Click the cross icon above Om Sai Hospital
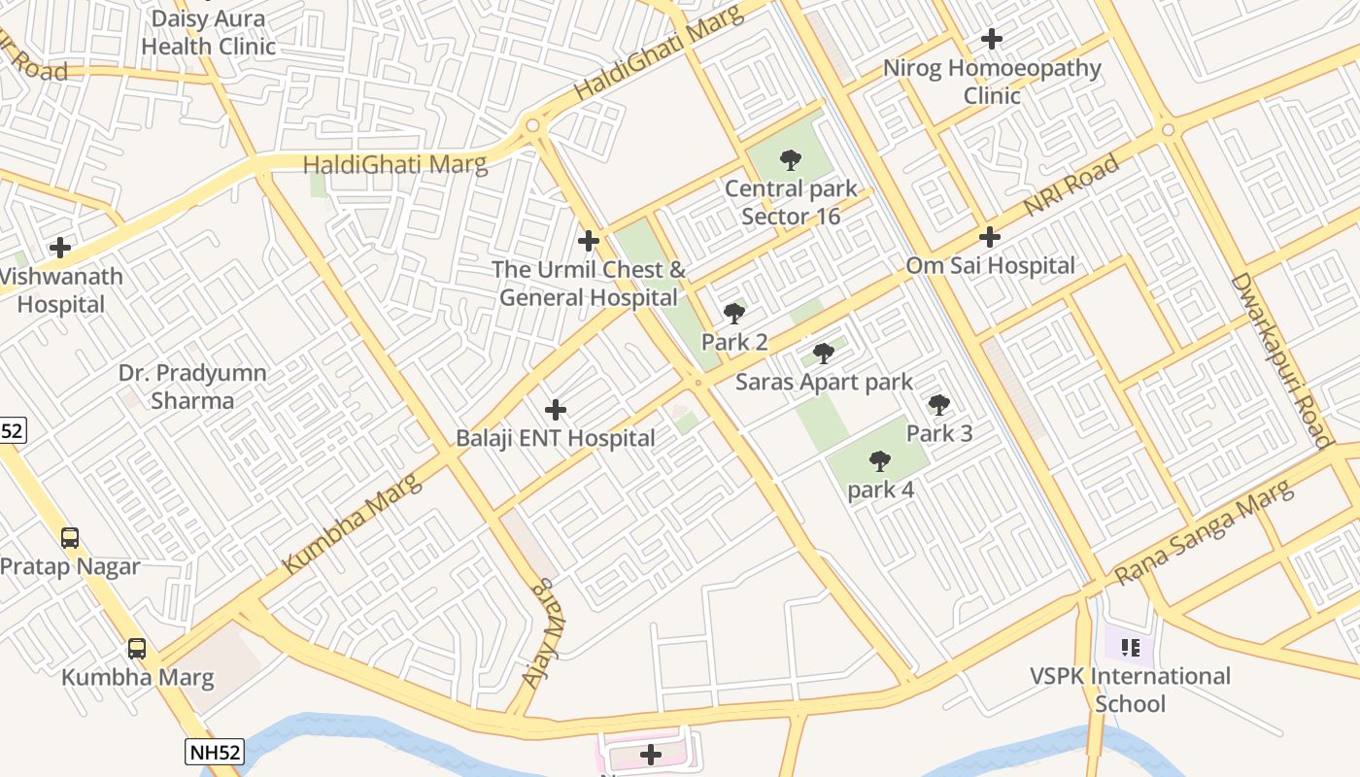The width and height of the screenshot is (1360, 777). [x=990, y=236]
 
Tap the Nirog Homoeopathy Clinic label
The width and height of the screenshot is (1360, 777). [x=992, y=82]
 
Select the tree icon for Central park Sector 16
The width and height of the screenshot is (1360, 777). [x=791, y=160]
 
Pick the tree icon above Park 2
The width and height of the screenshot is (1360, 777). [x=734, y=314]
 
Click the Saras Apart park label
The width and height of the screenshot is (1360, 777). [x=824, y=382]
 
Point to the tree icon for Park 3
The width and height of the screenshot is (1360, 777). [x=938, y=405]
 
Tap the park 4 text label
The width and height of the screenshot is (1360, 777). [x=880, y=490]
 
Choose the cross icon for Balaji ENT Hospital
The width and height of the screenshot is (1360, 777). [x=556, y=410]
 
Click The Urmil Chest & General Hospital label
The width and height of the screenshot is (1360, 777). [x=589, y=284]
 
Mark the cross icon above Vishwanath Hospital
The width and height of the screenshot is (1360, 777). [x=60, y=248]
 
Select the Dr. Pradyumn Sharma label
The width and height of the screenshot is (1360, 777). [x=192, y=387]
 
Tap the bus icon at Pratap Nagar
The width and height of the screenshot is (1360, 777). [x=70, y=537]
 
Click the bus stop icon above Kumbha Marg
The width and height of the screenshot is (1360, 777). [x=137, y=648]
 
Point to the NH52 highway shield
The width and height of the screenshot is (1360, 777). [x=213, y=751]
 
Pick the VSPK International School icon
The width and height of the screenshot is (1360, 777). [x=1129, y=647]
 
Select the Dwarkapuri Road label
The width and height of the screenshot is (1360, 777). [x=1279, y=360]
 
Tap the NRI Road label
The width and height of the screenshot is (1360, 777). [x=1071, y=186]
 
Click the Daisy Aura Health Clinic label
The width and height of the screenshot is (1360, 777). [x=208, y=32]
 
